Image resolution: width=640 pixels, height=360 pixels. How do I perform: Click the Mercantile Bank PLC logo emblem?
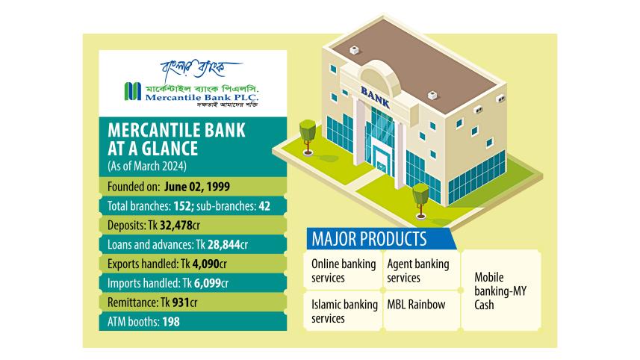[134, 91]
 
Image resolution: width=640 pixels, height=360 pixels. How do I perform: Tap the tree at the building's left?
[306, 134]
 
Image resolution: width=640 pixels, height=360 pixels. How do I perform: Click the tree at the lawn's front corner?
[420, 195]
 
